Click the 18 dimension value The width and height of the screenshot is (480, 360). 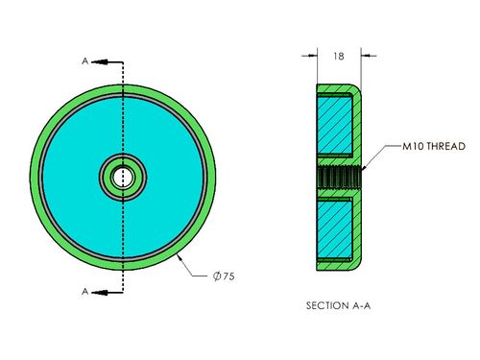point(339,56)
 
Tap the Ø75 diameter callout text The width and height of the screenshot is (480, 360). point(224,276)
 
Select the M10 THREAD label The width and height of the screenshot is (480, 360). point(434,146)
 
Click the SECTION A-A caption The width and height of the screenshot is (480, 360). point(338,305)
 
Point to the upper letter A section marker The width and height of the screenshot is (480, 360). point(84,60)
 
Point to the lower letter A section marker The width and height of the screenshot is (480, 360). point(84,292)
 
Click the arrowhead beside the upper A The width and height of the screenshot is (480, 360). point(100,61)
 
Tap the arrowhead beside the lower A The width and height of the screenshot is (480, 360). point(100,292)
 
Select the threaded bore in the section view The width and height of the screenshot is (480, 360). point(340,178)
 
